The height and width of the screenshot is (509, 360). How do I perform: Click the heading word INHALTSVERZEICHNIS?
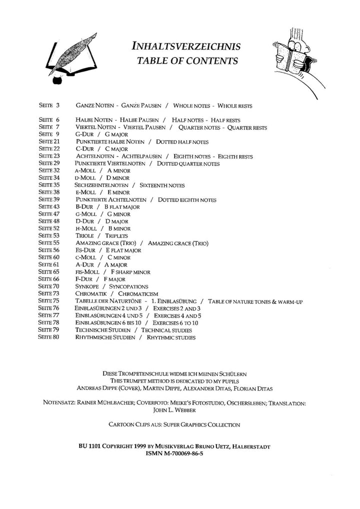[186, 47]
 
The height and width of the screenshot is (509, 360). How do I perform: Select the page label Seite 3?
[48, 106]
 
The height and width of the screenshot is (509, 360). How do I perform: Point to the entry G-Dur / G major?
[102, 134]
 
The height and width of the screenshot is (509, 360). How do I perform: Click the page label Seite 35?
[49, 185]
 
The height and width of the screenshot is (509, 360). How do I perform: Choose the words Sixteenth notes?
[163, 185]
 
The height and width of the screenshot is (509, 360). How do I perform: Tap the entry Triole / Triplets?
[101, 235]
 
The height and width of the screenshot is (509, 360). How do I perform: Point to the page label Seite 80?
[49, 337]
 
